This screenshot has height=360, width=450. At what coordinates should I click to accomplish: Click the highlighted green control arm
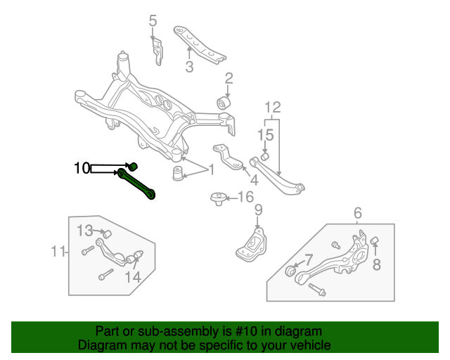pyautogui.click(x=138, y=184)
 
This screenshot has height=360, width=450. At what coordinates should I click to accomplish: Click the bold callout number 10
pyautogui.click(x=82, y=168)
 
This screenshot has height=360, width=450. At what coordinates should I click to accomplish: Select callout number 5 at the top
pyautogui.click(x=153, y=21)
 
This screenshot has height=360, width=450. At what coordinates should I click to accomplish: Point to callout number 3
pyautogui.click(x=189, y=67)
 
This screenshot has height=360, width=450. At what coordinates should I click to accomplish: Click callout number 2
pyautogui.click(x=229, y=77)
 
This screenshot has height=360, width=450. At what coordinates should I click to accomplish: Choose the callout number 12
pyautogui.click(x=272, y=108)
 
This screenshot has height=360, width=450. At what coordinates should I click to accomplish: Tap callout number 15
pyautogui.click(x=265, y=134)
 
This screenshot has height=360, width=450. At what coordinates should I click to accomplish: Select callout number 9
pyautogui.click(x=258, y=210)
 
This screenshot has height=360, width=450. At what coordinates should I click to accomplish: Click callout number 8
pyautogui.click(x=376, y=264)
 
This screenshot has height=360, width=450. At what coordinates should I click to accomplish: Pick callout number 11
pyautogui.click(x=57, y=251)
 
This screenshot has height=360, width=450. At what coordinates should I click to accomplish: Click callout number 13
pyautogui.click(x=84, y=230)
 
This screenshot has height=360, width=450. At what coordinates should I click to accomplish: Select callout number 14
pyautogui.click(x=132, y=277)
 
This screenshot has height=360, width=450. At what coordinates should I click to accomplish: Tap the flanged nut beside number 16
pyautogui.click(x=217, y=198)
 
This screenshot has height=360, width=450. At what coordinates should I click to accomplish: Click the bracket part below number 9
pyautogui.click(x=252, y=243)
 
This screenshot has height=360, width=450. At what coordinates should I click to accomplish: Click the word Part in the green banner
pyautogui.click(x=108, y=330)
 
